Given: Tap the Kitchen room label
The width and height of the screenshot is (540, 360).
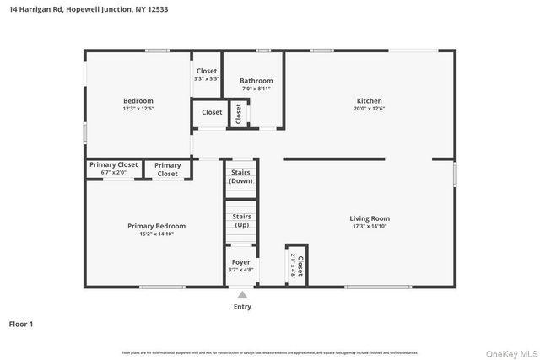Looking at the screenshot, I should [369, 100].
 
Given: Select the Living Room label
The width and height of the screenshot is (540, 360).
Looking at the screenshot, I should [370, 218].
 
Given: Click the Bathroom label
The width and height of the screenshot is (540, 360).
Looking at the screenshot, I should [256, 81].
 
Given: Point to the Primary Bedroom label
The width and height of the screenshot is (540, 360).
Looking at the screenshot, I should [156, 226].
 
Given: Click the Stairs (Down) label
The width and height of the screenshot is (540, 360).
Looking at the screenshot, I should [241, 176].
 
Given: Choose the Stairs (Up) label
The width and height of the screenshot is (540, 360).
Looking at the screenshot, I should [241, 220].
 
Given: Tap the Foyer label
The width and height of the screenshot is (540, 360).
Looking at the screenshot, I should [241, 262].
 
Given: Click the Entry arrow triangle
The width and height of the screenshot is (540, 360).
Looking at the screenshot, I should [242, 295].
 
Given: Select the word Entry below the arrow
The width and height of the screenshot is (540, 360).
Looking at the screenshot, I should [242, 307].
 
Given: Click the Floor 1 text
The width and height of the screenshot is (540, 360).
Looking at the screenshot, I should [21, 324].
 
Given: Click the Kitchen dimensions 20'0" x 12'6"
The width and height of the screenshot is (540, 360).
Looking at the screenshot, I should [369, 109].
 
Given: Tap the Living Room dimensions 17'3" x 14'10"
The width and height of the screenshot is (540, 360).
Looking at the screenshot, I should [370, 227].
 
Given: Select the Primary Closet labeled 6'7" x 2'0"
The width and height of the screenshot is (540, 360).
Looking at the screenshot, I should [114, 165].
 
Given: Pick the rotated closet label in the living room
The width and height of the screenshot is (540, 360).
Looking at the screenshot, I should [297, 266].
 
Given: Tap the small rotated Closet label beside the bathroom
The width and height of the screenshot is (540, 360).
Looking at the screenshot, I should [239, 113].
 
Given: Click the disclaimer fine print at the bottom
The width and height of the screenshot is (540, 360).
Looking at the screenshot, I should [270, 352].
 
